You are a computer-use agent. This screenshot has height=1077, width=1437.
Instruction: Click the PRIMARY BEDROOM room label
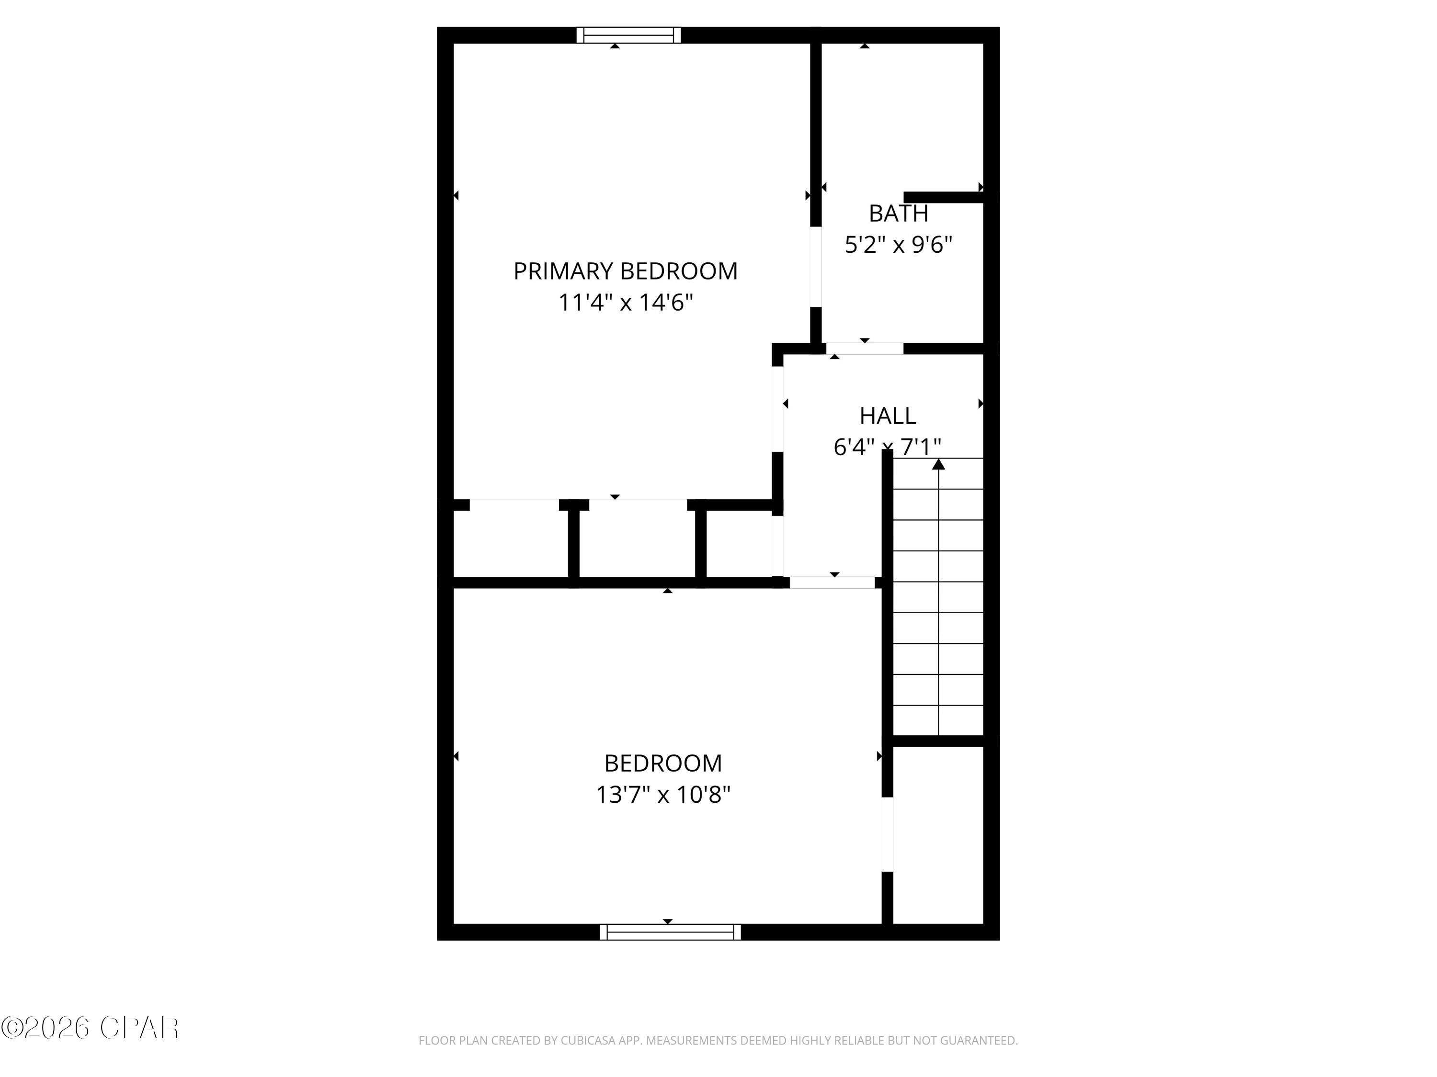[x=625, y=271]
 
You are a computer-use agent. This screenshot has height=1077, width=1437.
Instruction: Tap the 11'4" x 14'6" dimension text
[x=626, y=303]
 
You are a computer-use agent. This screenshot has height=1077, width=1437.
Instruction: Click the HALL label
[x=888, y=415]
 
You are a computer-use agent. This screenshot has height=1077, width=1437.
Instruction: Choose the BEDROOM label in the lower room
[x=662, y=763]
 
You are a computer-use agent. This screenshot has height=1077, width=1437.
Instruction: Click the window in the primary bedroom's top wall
[x=628, y=35]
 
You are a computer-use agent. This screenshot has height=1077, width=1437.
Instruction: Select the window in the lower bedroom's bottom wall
[x=670, y=931]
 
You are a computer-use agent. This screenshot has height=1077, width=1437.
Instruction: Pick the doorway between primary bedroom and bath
[x=815, y=266]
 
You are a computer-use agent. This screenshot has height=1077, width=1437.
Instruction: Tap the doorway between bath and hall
[x=864, y=348]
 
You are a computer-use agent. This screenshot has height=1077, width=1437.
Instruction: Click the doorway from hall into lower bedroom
[x=832, y=583]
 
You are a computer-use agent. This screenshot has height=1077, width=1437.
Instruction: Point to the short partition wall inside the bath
[x=943, y=197]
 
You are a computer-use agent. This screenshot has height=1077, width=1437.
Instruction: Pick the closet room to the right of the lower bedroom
[x=937, y=834]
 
